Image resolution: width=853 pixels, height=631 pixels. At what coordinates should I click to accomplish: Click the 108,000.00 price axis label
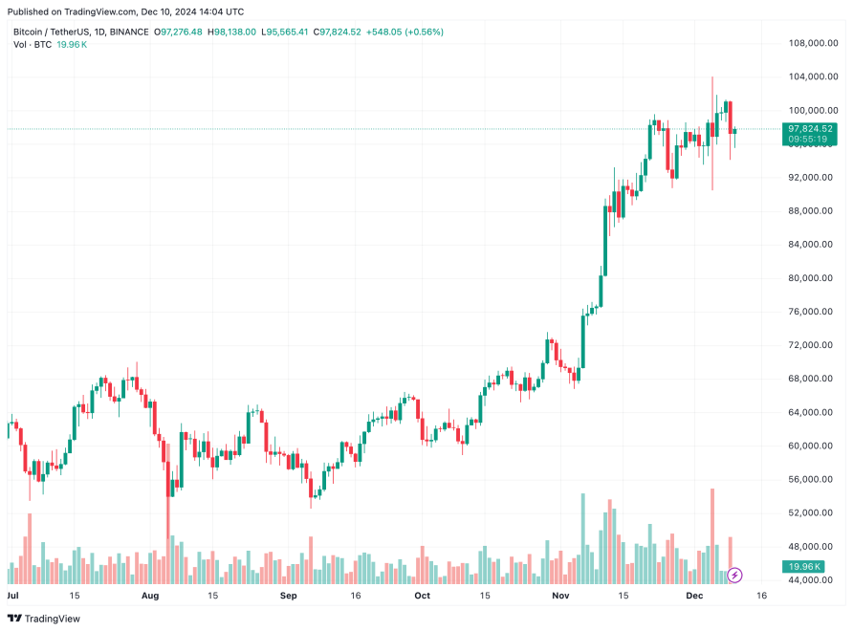click(x=807, y=43)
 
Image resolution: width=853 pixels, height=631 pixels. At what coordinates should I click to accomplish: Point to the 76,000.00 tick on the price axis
click(x=807, y=312)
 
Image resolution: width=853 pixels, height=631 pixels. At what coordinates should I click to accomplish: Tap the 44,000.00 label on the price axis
click(x=807, y=580)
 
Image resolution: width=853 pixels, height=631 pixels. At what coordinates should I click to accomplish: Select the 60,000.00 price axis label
click(x=807, y=446)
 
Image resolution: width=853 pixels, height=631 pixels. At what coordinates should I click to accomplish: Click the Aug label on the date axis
click(x=150, y=596)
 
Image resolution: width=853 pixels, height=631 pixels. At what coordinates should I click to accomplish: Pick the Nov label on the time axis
click(x=560, y=596)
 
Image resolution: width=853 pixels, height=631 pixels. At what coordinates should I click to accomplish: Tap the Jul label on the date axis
click(x=13, y=596)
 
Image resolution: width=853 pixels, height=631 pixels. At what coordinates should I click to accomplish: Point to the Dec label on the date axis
click(x=694, y=596)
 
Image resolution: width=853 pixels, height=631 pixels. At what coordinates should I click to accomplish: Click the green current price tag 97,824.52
click(x=809, y=128)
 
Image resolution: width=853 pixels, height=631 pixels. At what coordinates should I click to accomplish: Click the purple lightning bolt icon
click(x=734, y=575)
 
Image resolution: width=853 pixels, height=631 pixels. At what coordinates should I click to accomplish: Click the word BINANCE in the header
click(x=129, y=32)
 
